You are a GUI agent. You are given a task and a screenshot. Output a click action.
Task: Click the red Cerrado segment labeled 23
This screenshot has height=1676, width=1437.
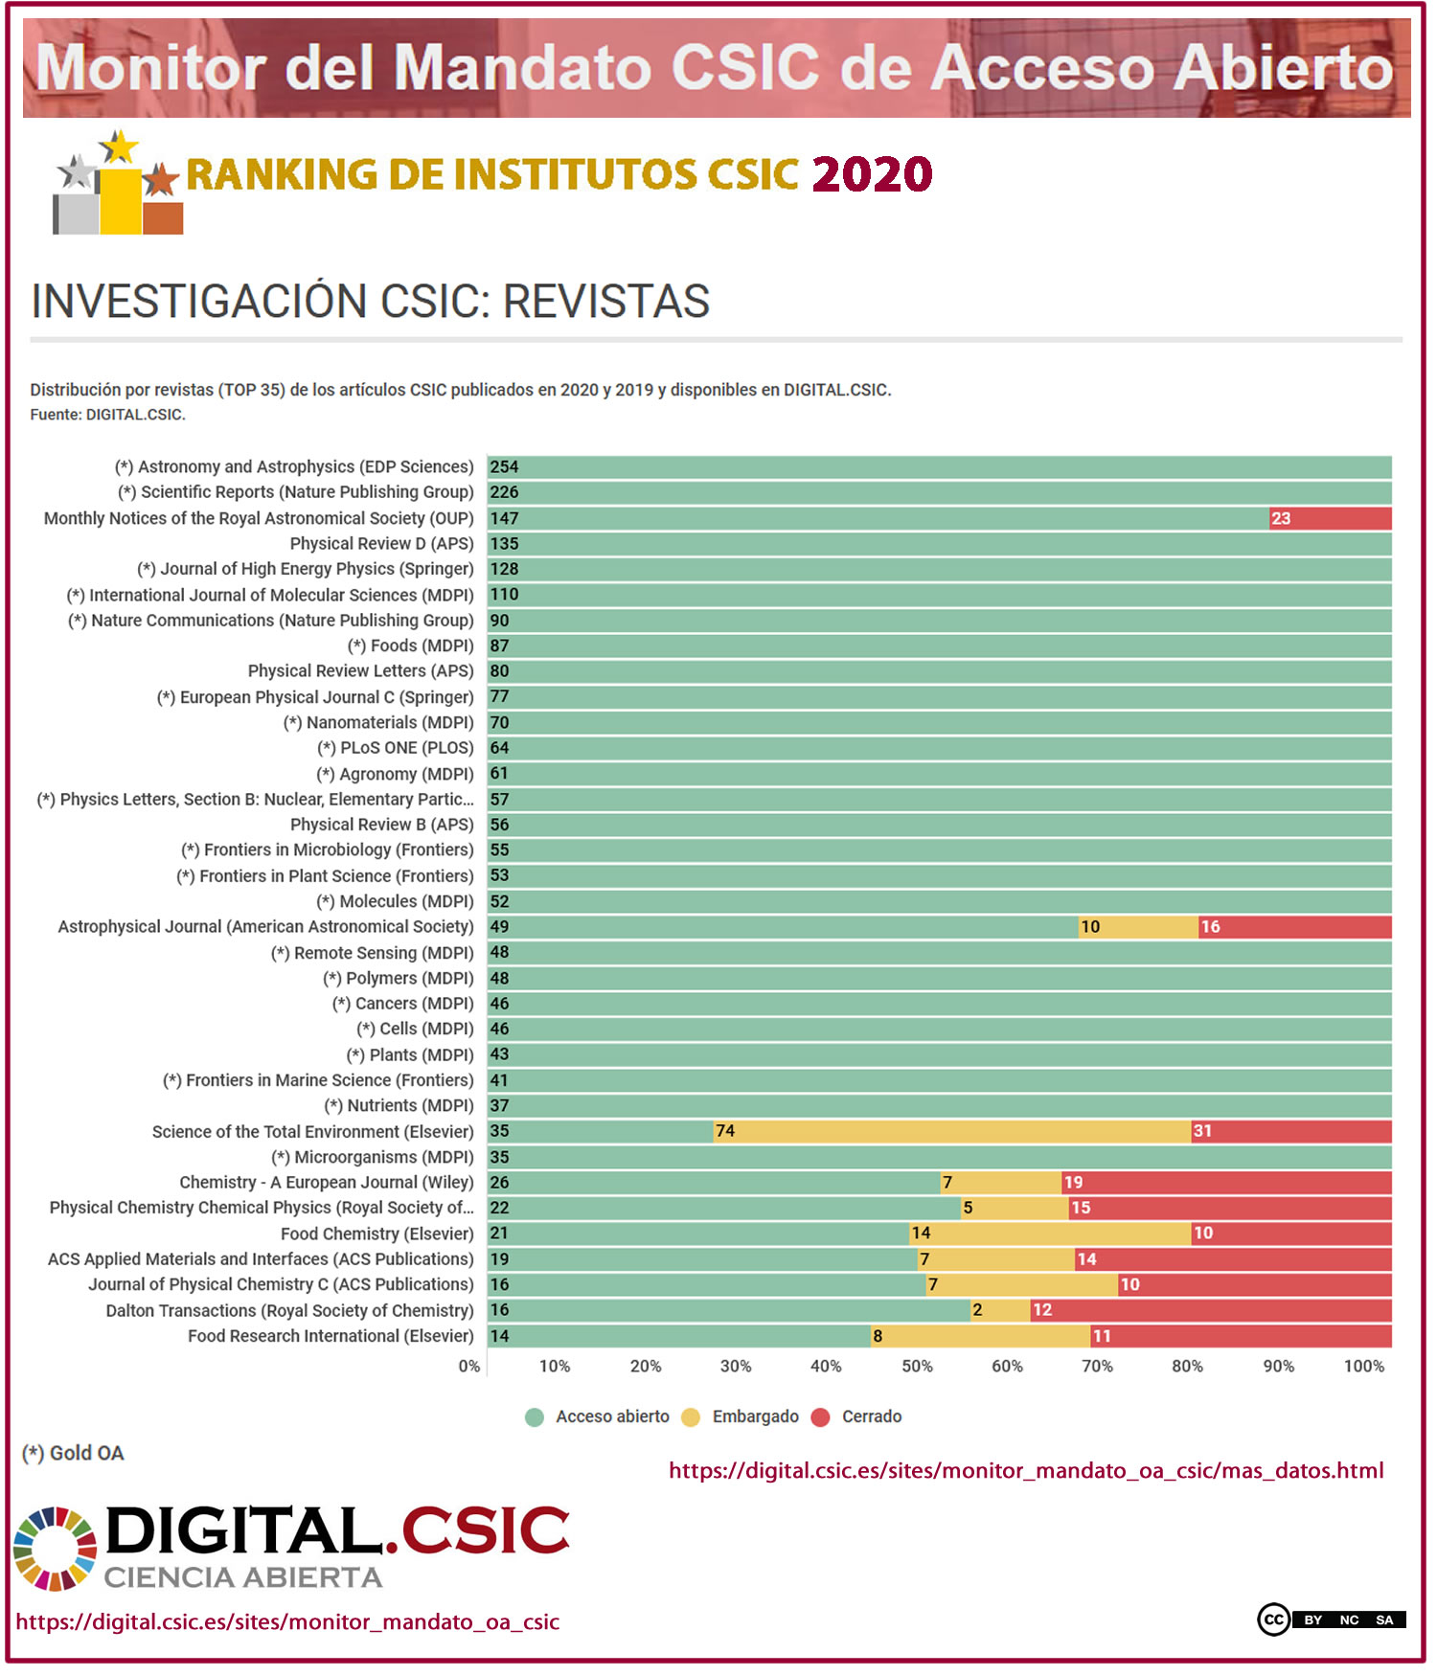pyautogui.click(x=1330, y=518)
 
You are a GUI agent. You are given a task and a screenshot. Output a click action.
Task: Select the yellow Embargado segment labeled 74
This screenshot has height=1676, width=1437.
pyautogui.click(x=951, y=1131)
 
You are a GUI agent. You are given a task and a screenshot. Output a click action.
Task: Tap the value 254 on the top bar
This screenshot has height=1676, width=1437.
pyautogui.click(x=504, y=466)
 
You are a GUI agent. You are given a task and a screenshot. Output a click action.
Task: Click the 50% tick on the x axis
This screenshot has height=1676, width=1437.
pyautogui.click(x=917, y=1366)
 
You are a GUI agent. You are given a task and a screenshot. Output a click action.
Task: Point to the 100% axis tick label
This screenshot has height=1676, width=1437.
pyautogui.click(x=1363, y=1366)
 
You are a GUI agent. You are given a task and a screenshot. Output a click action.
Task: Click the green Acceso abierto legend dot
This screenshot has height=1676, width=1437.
pyautogui.click(x=535, y=1417)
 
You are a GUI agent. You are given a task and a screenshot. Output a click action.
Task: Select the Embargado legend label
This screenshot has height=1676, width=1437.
pyautogui.click(x=755, y=1416)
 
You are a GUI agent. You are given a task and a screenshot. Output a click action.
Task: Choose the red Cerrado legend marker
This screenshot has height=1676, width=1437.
pyautogui.click(x=820, y=1417)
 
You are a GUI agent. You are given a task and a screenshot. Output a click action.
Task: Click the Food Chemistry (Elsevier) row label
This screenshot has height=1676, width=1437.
pyautogui.click(x=376, y=1234)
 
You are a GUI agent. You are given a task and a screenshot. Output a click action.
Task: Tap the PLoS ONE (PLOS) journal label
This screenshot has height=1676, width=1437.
pyautogui.click(x=396, y=748)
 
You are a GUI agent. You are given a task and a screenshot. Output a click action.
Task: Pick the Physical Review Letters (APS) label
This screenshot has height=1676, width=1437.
pyautogui.click(x=360, y=671)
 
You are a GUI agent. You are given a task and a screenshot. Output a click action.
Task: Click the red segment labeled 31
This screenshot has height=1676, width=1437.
pyautogui.click(x=1290, y=1131)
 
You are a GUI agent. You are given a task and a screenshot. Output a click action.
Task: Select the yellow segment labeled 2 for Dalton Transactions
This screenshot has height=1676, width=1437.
pyautogui.click(x=1000, y=1310)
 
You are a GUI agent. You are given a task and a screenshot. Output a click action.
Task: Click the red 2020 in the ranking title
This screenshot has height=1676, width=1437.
pyautogui.click(x=872, y=174)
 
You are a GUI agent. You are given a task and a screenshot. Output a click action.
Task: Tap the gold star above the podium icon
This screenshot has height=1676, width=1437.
pyautogui.click(x=120, y=147)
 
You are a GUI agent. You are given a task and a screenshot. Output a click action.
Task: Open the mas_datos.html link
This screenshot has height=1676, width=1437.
pyautogui.click(x=1025, y=1470)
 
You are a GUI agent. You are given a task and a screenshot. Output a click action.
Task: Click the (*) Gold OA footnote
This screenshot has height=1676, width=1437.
pyautogui.click(x=73, y=1453)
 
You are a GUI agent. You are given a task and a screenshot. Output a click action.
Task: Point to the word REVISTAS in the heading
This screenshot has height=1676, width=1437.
pyautogui.click(x=605, y=302)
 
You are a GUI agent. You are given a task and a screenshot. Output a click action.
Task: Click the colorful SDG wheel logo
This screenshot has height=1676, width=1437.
pyautogui.click(x=55, y=1549)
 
